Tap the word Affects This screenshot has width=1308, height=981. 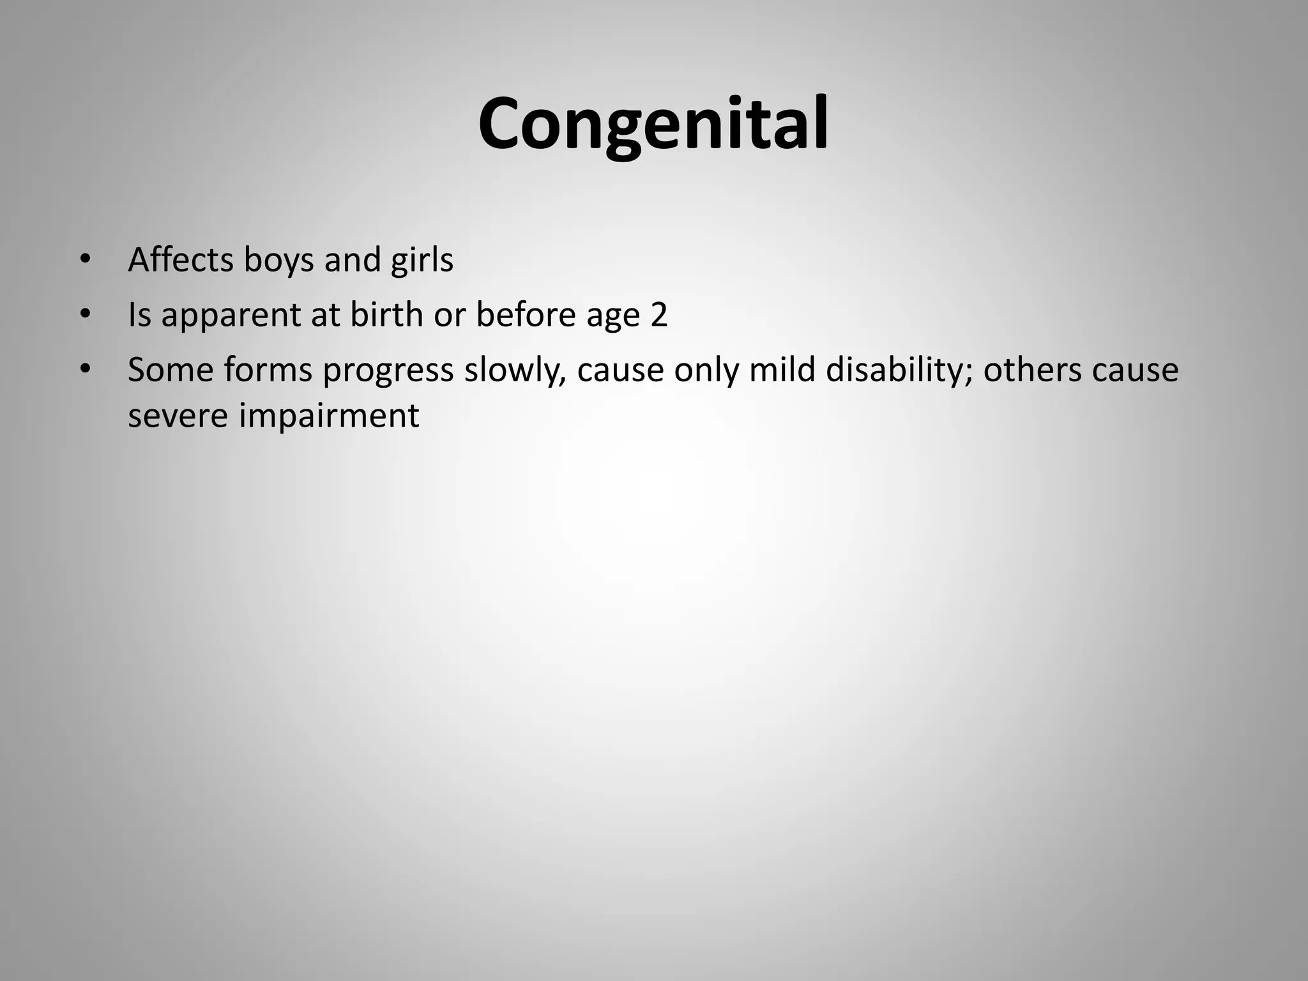180,260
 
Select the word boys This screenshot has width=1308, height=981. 278,261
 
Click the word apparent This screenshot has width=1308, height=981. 231,316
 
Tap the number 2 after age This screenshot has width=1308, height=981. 658,315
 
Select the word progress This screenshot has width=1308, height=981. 388,371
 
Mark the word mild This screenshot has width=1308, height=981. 782,370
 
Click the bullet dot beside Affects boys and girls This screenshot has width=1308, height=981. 85,260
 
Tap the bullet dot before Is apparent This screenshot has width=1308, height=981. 85,315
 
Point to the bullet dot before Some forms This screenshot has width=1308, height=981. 85,370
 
